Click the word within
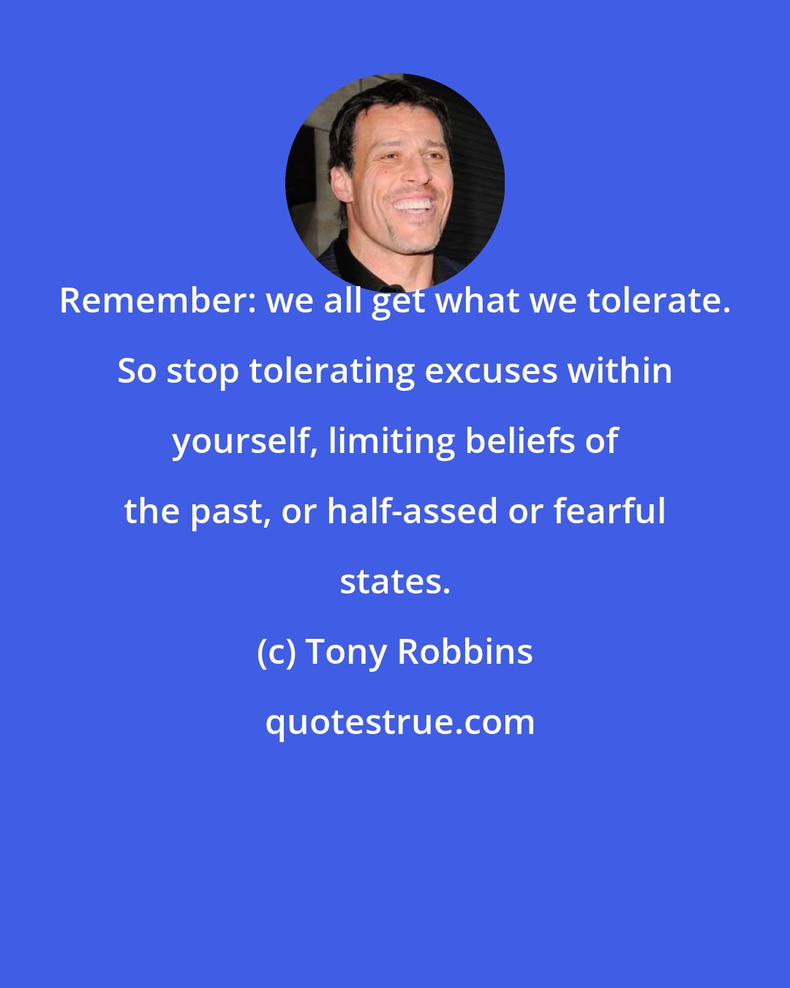click(x=622, y=371)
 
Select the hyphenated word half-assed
click(x=412, y=512)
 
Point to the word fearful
click(x=609, y=512)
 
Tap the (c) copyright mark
click(x=276, y=652)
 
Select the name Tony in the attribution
click(x=347, y=652)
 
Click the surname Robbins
click(x=464, y=652)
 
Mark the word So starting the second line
click(x=137, y=371)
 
